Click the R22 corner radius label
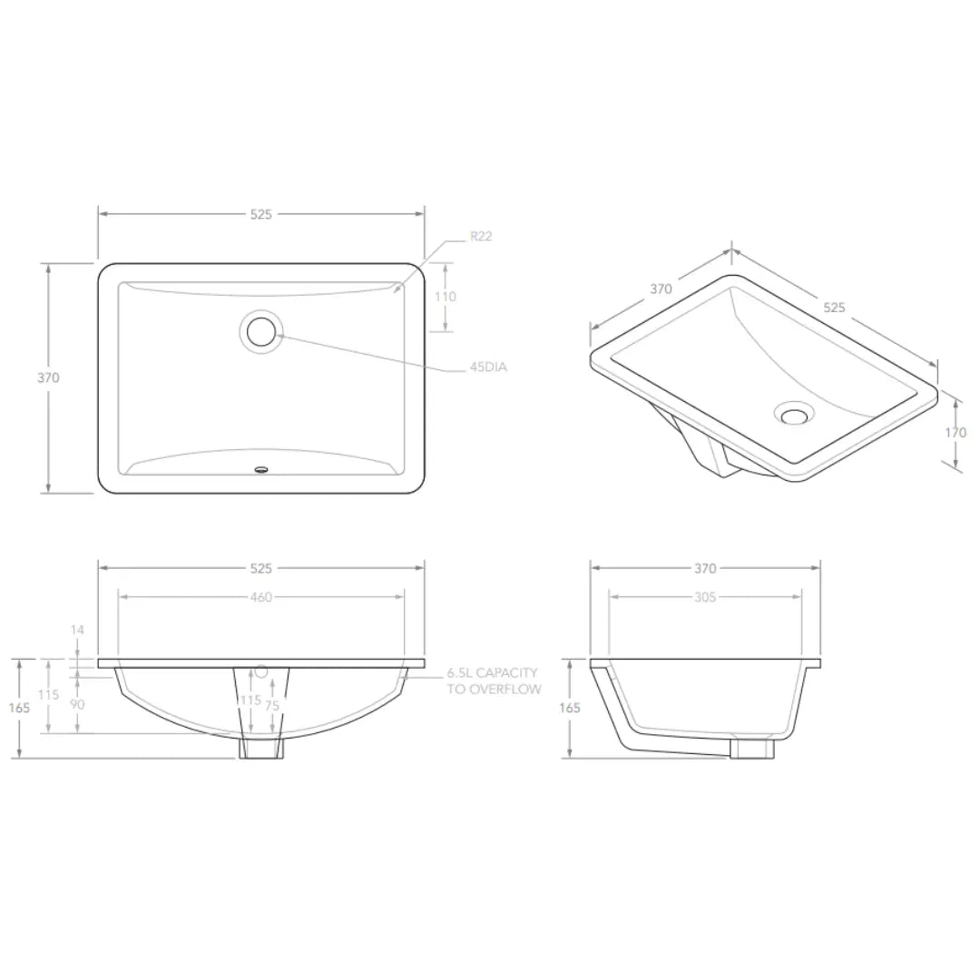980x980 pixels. click(481, 236)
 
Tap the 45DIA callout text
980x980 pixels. click(488, 367)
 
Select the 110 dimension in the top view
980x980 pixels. click(445, 297)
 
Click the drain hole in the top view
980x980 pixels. click(261, 332)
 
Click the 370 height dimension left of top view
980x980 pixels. click(48, 377)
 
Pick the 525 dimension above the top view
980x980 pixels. click(261, 214)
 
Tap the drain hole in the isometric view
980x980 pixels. click(794, 413)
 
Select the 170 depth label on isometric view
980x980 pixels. click(955, 432)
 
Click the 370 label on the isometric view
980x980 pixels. click(661, 289)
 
